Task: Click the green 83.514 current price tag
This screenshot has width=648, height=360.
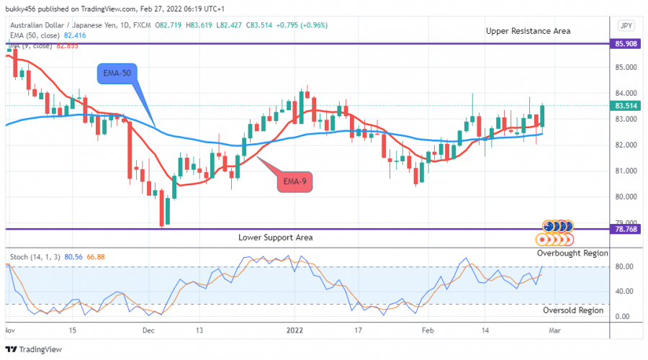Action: (624, 106)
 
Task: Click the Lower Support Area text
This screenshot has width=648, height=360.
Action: (276, 237)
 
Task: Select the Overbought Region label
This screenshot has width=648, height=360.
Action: (572, 253)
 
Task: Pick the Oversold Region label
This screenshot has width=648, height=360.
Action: (574, 310)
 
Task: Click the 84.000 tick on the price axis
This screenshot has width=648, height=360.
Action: (624, 93)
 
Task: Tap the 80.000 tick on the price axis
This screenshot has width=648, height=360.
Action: (624, 197)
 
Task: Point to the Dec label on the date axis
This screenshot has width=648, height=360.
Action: (148, 330)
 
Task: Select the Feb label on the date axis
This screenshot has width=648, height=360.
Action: (428, 330)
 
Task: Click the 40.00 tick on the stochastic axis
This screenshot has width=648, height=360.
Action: (624, 292)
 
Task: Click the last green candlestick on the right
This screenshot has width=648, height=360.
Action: (542, 116)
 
